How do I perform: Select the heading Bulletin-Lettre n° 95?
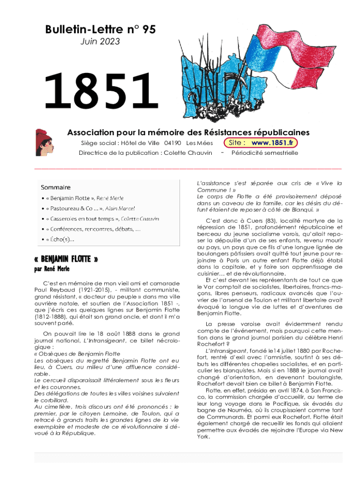coord(100,30)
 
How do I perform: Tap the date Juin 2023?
coord(100,42)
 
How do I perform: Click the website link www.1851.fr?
coord(274,143)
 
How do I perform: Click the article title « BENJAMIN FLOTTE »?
coord(66,260)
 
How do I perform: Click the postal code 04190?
coord(173,143)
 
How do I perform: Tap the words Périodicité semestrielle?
coord(265,153)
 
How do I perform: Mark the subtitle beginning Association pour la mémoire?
coord(188,132)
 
